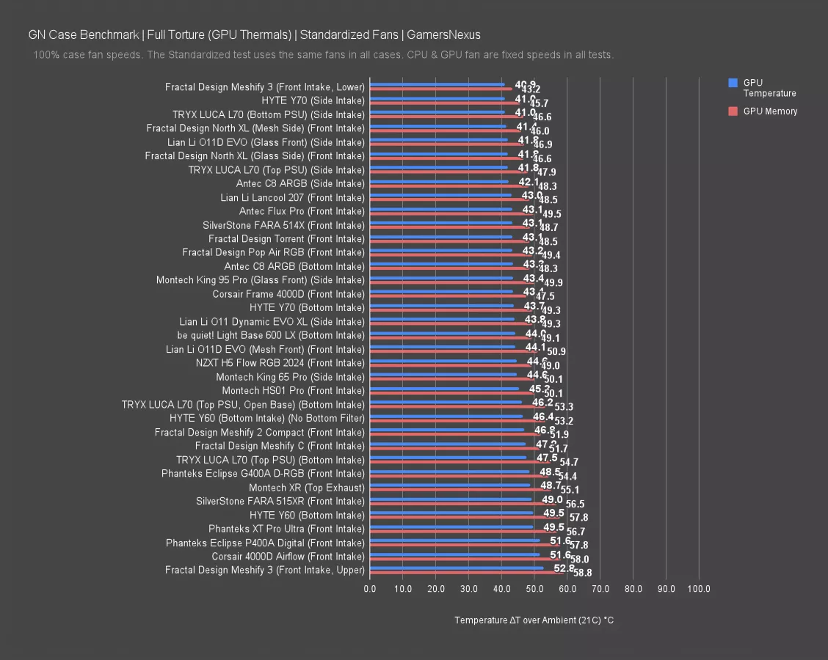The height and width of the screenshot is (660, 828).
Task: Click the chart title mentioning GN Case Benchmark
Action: [254, 34]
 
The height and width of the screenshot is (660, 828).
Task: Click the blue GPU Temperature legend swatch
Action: [733, 83]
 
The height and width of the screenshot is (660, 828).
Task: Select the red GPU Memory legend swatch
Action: [733, 111]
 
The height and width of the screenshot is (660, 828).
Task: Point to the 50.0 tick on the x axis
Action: [534, 589]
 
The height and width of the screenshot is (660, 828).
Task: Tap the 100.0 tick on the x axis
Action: [699, 589]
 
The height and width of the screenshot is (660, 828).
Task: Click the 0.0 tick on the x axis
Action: [370, 589]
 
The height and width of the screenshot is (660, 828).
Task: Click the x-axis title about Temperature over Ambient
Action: [534, 620]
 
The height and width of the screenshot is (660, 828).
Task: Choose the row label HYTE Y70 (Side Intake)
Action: [313, 100]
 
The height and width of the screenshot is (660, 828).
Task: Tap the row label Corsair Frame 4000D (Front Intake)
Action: [288, 294]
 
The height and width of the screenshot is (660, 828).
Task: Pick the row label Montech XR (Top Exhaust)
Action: [306, 488]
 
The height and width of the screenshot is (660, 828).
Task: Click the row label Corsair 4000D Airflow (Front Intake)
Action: [288, 557]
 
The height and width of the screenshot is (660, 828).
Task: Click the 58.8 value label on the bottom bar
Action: [583, 573]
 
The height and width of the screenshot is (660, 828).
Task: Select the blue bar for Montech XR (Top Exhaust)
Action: [449, 485]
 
